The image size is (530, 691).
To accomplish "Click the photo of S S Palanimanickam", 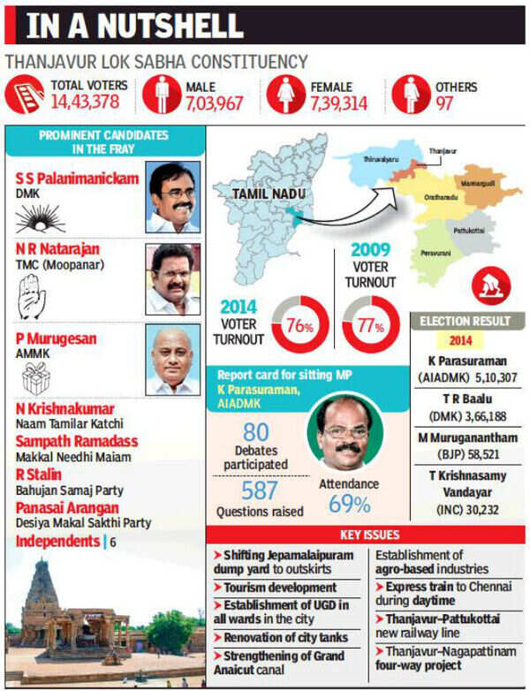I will pos(172,197).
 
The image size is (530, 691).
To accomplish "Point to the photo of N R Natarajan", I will pos(172,278).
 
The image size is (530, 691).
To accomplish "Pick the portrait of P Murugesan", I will pos(172,361).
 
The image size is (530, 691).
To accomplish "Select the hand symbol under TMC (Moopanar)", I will pos(32,299).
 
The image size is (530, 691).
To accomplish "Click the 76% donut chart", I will pos(300,325).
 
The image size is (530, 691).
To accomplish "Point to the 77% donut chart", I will pos(372,325).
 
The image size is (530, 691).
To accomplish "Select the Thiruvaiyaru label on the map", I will pos(379,160).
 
